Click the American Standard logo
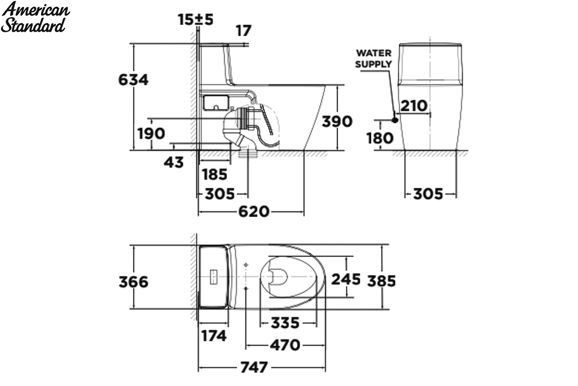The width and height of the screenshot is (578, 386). [x=35, y=17]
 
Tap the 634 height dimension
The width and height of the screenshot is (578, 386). [x=133, y=80]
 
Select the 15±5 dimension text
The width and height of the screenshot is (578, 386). [x=196, y=19]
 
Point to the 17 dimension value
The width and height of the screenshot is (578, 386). [x=244, y=31]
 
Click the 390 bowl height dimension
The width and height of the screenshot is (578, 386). [x=337, y=121]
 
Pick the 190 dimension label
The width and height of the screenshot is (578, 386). [x=151, y=134]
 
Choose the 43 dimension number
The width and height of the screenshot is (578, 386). [x=174, y=163]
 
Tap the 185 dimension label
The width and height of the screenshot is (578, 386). [x=214, y=174]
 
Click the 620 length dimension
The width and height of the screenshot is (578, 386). [x=254, y=212]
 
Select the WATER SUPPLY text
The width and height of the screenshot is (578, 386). [x=374, y=59]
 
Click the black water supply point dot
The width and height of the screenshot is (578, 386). [x=395, y=120]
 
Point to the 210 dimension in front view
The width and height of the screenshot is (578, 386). [x=414, y=106]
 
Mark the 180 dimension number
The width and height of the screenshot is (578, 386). [x=380, y=138]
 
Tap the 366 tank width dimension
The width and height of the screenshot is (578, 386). [x=133, y=282]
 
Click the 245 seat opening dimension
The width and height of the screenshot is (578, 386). [x=346, y=279]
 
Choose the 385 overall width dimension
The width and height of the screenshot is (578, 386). [x=381, y=281]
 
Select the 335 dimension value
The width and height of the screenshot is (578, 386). [x=285, y=323]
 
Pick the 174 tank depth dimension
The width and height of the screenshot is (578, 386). [x=214, y=336]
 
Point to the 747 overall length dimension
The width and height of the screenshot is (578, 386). [x=254, y=367]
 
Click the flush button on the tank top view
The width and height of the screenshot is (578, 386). [x=214, y=277]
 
